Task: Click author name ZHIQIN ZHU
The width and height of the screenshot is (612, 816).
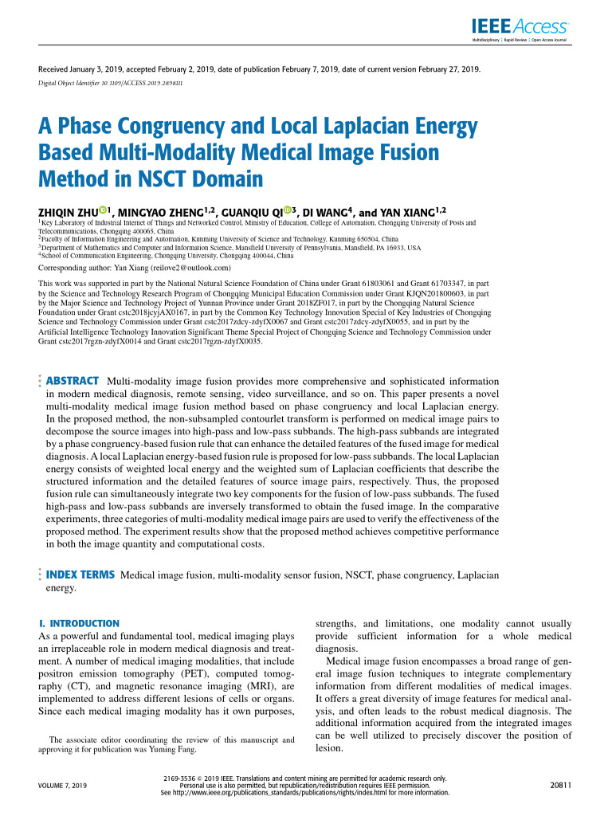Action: (68, 212)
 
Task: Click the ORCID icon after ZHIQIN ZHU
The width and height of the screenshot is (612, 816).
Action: (104, 211)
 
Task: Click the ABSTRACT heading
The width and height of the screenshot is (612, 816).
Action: (73, 381)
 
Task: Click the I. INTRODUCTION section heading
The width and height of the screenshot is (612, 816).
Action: (79, 623)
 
